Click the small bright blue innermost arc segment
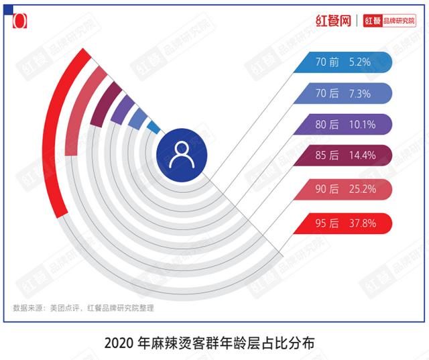tap(154, 126)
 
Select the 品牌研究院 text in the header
tap(399, 21)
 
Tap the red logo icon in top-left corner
tap(20, 20)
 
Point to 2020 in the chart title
tap(119, 343)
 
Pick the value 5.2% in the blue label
tap(360, 62)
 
